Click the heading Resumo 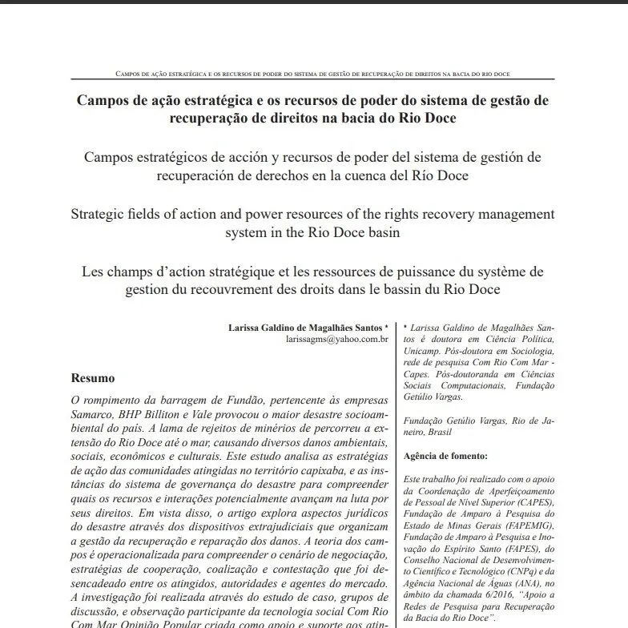(94, 377)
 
